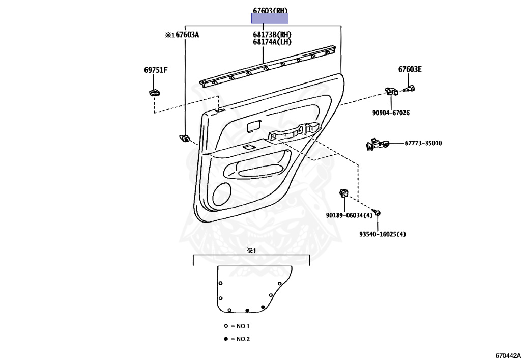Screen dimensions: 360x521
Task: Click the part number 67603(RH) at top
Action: [270, 10]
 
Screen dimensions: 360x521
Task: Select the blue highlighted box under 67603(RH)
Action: [270, 18]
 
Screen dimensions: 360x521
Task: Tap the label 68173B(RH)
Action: [272, 35]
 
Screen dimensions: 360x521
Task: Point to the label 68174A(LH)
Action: [272, 42]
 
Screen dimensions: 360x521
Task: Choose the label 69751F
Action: [155, 70]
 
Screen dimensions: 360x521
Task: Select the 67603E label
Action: [410, 70]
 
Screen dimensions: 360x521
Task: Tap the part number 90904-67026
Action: [390, 113]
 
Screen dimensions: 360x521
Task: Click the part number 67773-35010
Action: [423, 143]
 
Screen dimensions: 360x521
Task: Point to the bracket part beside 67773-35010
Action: [377, 145]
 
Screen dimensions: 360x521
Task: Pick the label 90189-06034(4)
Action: [349, 215]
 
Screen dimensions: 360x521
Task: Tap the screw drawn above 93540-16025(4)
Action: [377, 212]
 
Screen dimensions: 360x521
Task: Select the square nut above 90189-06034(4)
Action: [344, 193]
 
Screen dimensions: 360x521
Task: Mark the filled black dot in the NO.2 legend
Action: [226, 339]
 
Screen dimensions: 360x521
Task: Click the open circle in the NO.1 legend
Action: [226, 325]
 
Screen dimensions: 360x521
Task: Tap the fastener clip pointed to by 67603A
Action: [185, 137]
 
